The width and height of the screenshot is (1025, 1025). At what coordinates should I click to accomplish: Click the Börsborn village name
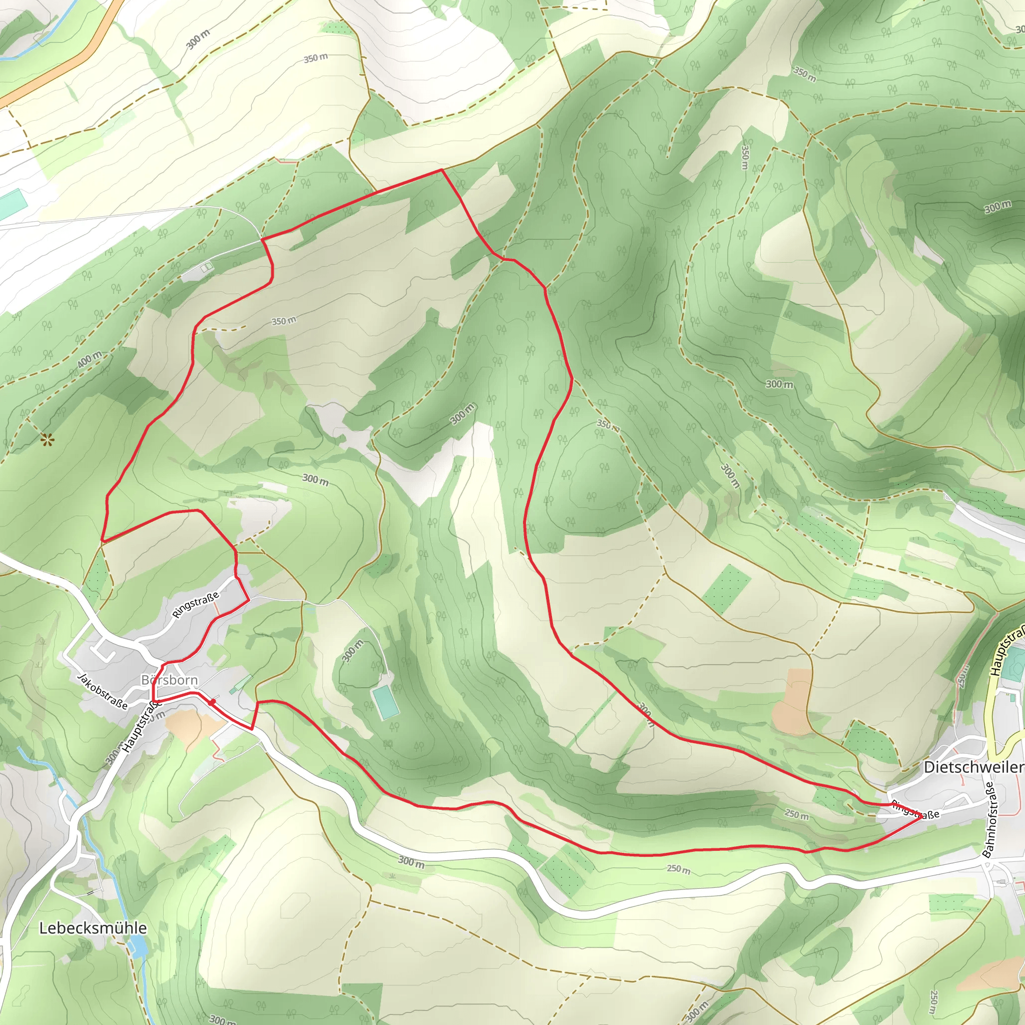coord(169,680)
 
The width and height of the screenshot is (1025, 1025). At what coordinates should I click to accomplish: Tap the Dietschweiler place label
coord(973,767)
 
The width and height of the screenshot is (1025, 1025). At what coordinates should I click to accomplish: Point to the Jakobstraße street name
coord(103,691)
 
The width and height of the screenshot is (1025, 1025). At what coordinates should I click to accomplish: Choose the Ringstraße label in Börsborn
coord(195,605)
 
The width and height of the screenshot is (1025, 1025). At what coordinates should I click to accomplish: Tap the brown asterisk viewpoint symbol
coord(47,439)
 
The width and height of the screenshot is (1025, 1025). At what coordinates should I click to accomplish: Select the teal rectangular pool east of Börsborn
coord(385,701)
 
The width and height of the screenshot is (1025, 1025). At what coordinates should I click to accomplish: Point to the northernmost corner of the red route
coord(442,170)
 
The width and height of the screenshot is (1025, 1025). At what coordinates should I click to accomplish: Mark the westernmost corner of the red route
coord(102,541)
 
